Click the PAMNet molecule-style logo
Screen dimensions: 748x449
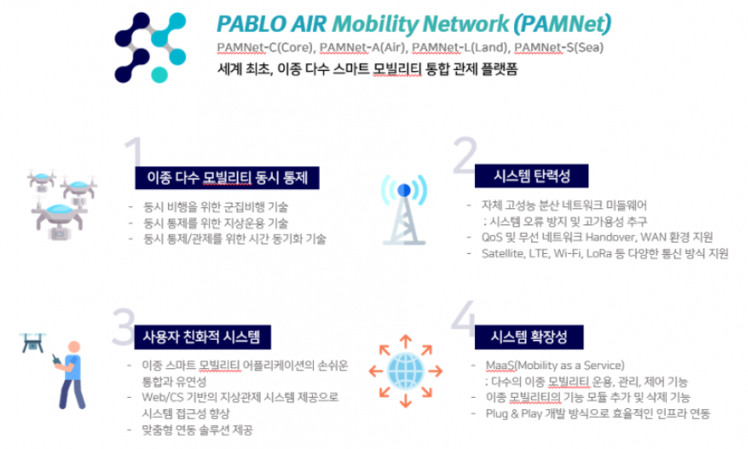[x=150, y=47]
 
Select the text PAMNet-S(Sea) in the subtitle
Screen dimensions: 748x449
[x=558, y=48]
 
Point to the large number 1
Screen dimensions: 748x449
[x=134, y=153]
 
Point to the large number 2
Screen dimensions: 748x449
[x=465, y=155]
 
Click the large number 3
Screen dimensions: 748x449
[x=124, y=327]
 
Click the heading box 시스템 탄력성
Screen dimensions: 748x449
[x=531, y=176]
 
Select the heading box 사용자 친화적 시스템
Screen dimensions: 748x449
[x=202, y=337]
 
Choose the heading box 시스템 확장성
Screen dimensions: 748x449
[x=529, y=337]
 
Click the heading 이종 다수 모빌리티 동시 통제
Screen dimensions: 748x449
[x=227, y=178]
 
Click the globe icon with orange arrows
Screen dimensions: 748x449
[x=406, y=371]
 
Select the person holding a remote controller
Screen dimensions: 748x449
[x=70, y=375]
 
